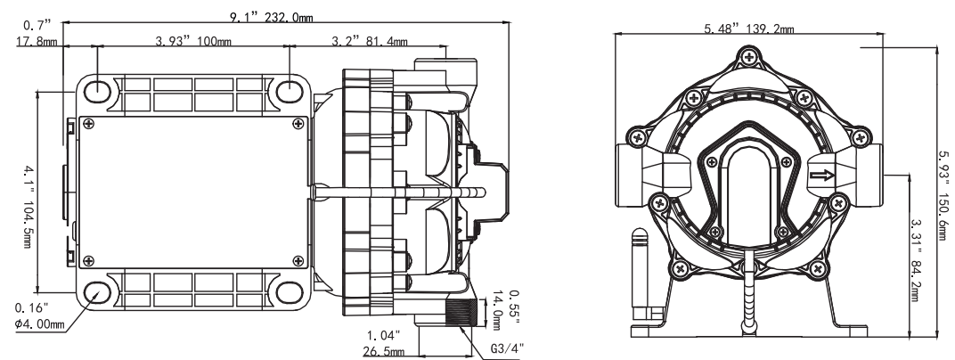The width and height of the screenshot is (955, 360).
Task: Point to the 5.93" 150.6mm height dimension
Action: (943, 192)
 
